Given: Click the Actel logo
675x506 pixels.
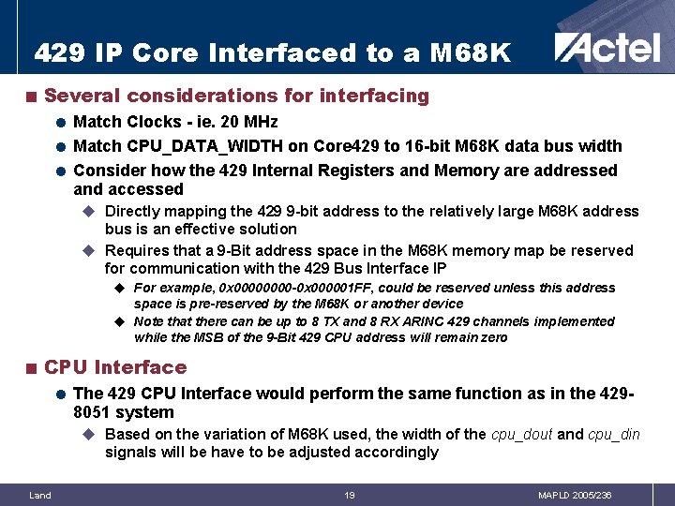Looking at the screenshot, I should [x=607, y=47].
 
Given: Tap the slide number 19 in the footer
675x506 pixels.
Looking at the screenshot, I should [x=349, y=495].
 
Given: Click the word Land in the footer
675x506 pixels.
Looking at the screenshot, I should [x=40, y=495].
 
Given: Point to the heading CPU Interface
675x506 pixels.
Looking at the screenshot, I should [x=115, y=367].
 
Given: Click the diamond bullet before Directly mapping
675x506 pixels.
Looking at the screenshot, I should [x=90, y=212].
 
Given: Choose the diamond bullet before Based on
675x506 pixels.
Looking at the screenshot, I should [x=90, y=435].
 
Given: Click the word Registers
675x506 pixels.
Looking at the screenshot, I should [x=387, y=171].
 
